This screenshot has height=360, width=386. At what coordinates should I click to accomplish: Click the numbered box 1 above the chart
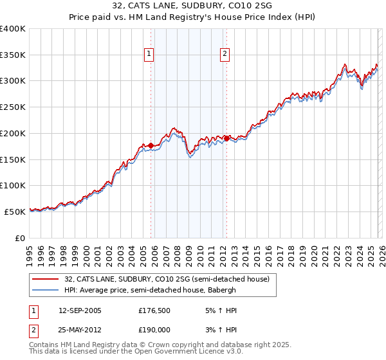[x=149, y=55]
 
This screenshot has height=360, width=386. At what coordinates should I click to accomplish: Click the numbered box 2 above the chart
[x=225, y=55]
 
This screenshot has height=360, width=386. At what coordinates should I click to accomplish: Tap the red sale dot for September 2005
[x=151, y=146]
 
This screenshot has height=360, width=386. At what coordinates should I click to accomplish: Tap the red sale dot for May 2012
[x=227, y=138]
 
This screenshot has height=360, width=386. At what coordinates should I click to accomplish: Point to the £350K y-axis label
[x=13, y=55]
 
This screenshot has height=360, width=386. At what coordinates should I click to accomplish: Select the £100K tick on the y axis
[x=13, y=185]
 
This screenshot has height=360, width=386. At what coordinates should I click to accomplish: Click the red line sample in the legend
[x=46, y=279]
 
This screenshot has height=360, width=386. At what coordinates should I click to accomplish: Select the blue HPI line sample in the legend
[x=46, y=290]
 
